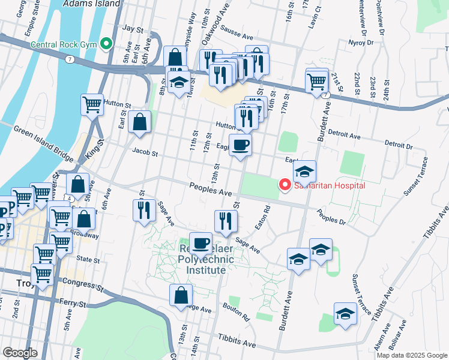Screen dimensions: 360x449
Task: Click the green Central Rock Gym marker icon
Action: click(106, 43)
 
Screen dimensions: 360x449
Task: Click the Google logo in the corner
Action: click(20, 353)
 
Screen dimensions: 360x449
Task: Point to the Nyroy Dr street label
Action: click(361, 43)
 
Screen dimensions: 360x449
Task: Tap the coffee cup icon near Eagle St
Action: click(240, 145)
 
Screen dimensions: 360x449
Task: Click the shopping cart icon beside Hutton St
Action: click(92, 104)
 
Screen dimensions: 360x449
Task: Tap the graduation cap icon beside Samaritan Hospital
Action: click(304, 172)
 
